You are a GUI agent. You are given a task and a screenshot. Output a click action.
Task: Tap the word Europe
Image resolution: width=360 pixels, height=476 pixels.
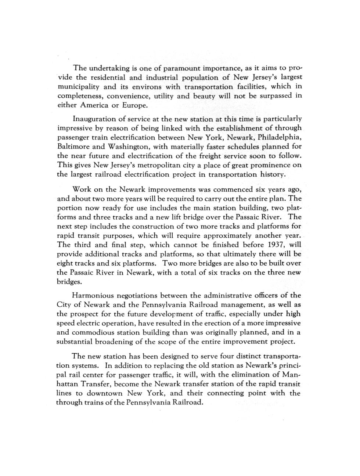coord(136,106)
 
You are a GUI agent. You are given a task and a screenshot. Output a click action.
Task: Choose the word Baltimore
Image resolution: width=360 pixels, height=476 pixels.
coord(72,147)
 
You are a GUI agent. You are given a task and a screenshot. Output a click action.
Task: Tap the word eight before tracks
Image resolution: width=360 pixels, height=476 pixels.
coord(64,263)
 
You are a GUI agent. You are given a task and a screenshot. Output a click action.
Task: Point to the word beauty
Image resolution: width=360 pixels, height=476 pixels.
coord(203,96)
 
